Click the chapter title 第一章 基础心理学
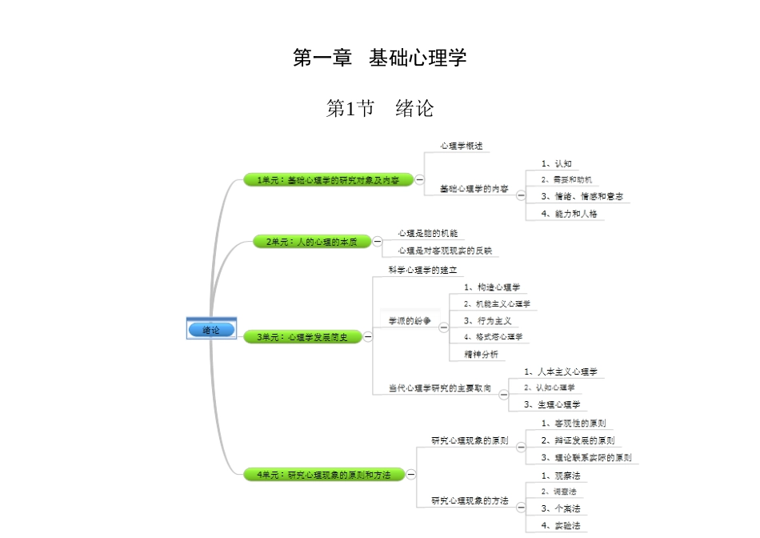(380, 58)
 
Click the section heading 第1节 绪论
(380, 108)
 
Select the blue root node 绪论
(211, 329)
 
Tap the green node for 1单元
(327, 180)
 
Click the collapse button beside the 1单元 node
(420, 180)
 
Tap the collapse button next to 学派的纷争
(443, 321)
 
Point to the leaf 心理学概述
(461, 147)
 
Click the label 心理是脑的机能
(428, 233)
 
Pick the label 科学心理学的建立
(422, 270)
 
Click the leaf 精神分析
(482, 354)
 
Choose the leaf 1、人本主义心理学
(561, 371)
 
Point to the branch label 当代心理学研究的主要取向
(440, 388)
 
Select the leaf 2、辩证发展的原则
(578, 440)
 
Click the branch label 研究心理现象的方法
(470, 500)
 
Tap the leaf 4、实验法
(561, 526)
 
